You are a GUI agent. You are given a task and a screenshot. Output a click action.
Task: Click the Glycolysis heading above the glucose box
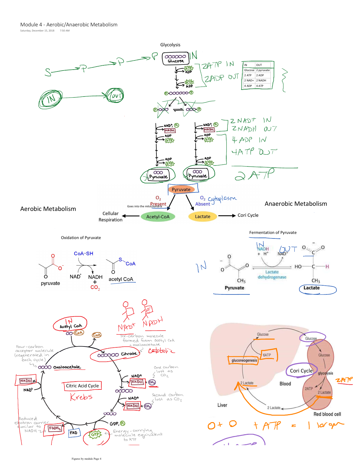pos(170,45)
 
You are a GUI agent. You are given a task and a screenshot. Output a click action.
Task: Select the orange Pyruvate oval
pos(181,189)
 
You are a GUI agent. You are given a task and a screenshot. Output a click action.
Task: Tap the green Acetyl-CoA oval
pos(158,217)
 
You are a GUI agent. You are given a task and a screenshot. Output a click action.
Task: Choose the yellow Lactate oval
pos(202,217)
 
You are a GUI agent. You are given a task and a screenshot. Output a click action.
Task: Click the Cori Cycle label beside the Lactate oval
pos(248,215)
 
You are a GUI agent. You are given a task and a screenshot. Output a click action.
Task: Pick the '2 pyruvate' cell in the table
pos(263,70)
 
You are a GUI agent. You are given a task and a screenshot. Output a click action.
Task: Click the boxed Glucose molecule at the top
pos(176,59)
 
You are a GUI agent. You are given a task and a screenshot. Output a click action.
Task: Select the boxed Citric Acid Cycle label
pos(82,386)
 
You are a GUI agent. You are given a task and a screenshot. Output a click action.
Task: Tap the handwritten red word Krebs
pos(81,397)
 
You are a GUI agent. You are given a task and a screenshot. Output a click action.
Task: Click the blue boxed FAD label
pos(74,433)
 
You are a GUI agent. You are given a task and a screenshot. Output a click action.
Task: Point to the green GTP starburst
pos(95,435)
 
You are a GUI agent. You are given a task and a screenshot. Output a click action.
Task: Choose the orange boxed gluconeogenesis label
pos(244,360)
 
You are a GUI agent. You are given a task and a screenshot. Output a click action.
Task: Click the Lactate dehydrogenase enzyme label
pos(272,274)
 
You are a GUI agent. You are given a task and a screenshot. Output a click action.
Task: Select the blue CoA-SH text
pos(83,254)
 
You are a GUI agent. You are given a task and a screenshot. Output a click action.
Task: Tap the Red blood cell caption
pos(327,414)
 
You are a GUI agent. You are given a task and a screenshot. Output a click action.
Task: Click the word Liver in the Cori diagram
pos(222,405)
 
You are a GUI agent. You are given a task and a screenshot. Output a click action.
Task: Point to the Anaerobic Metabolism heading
pos(296,204)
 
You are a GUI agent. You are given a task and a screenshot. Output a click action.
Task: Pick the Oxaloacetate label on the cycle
pos(67,367)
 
